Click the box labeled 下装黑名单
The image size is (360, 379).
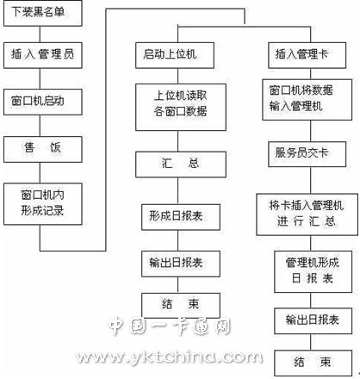tap(43, 13)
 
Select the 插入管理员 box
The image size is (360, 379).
tap(43, 55)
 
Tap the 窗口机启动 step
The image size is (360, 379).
tap(43, 102)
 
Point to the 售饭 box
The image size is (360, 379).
tap(43, 149)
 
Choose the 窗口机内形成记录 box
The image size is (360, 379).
tap(43, 204)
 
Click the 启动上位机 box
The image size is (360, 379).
tap(175, 55)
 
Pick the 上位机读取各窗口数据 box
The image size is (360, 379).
tap(181, 108)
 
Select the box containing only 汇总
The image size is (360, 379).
tap(181, 165)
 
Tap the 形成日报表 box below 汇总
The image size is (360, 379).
tap(181, 217)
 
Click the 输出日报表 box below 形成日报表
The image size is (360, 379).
tap(181, 264)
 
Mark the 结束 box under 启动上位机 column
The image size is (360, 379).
tap(181, 306)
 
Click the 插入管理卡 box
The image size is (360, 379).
tap(307, 55)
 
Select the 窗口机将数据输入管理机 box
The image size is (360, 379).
tap(307, 100)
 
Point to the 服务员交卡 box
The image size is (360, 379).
tap(307, 154)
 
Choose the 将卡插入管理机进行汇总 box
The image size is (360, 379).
tap(307, 214)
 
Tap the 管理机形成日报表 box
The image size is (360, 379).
tap(313, 272)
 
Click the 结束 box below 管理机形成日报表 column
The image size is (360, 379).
tap(313, 363)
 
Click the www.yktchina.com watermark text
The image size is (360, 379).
tap(170, 357)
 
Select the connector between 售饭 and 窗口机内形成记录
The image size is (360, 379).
tap(40, 173)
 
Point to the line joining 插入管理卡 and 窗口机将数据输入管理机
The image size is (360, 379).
tap(311, 74)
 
